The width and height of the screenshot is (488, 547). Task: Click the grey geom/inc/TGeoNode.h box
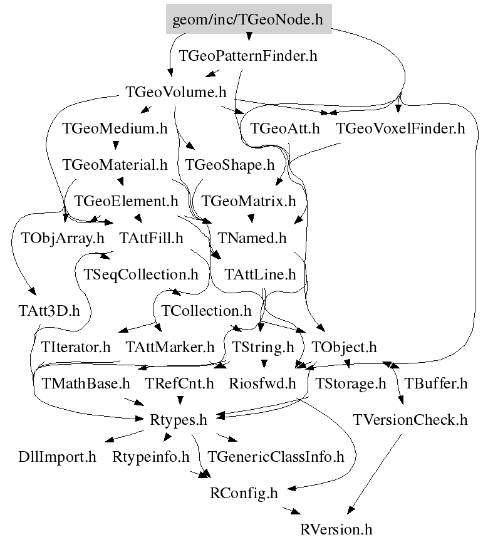tap(247, 20)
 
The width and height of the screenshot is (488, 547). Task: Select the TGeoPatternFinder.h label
tap(248, 56)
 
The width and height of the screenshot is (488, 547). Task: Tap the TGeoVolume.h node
tap(175, 93)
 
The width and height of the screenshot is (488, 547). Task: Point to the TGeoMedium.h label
tap(115, 129)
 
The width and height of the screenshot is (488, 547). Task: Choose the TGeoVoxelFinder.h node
tap(401, 129)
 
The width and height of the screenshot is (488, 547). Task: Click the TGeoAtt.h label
tap(285, 129)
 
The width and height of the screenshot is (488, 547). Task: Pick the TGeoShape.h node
tap(230, 165)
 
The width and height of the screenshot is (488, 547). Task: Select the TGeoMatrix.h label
tap(249, 201)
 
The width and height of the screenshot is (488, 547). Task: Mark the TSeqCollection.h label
tap(136, 274)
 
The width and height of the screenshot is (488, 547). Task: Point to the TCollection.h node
tap(206, 310)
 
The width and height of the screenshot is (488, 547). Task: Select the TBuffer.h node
tap(435, 383)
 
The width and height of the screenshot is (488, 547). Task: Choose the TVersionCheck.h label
tap(410, 419)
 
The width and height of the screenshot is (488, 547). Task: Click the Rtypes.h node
tap(179, 419)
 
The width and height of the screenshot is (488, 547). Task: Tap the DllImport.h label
tap(57, 456)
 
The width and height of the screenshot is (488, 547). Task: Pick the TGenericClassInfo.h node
tap(276, 456)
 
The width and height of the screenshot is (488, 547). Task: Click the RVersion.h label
tap(336, 529)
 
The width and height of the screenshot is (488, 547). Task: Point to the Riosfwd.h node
tap(262, 383)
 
